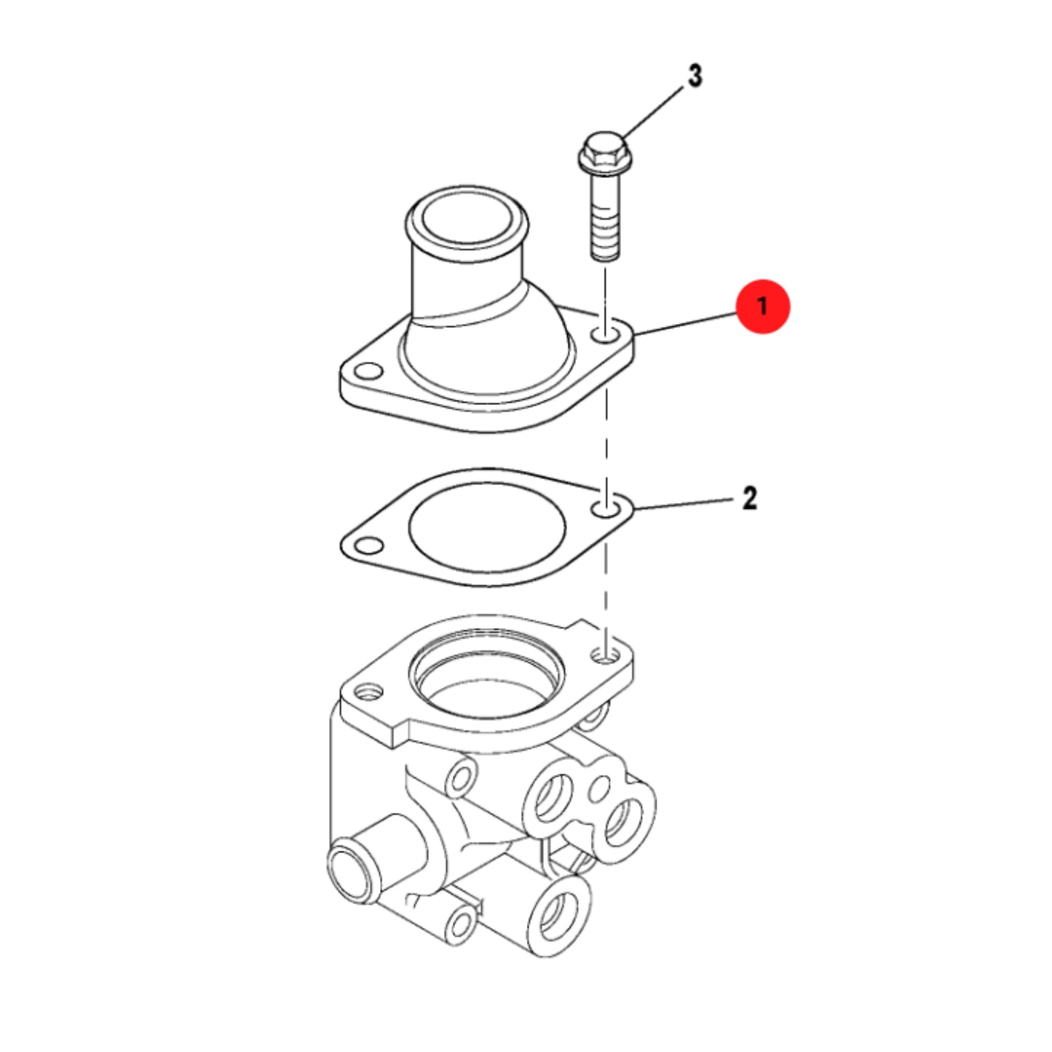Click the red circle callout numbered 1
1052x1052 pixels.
(763, 306)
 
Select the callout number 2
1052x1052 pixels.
(750, 498)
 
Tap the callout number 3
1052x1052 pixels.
(695, 76)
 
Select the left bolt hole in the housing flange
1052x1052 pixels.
(368, 372)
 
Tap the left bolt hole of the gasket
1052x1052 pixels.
(368, 545)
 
